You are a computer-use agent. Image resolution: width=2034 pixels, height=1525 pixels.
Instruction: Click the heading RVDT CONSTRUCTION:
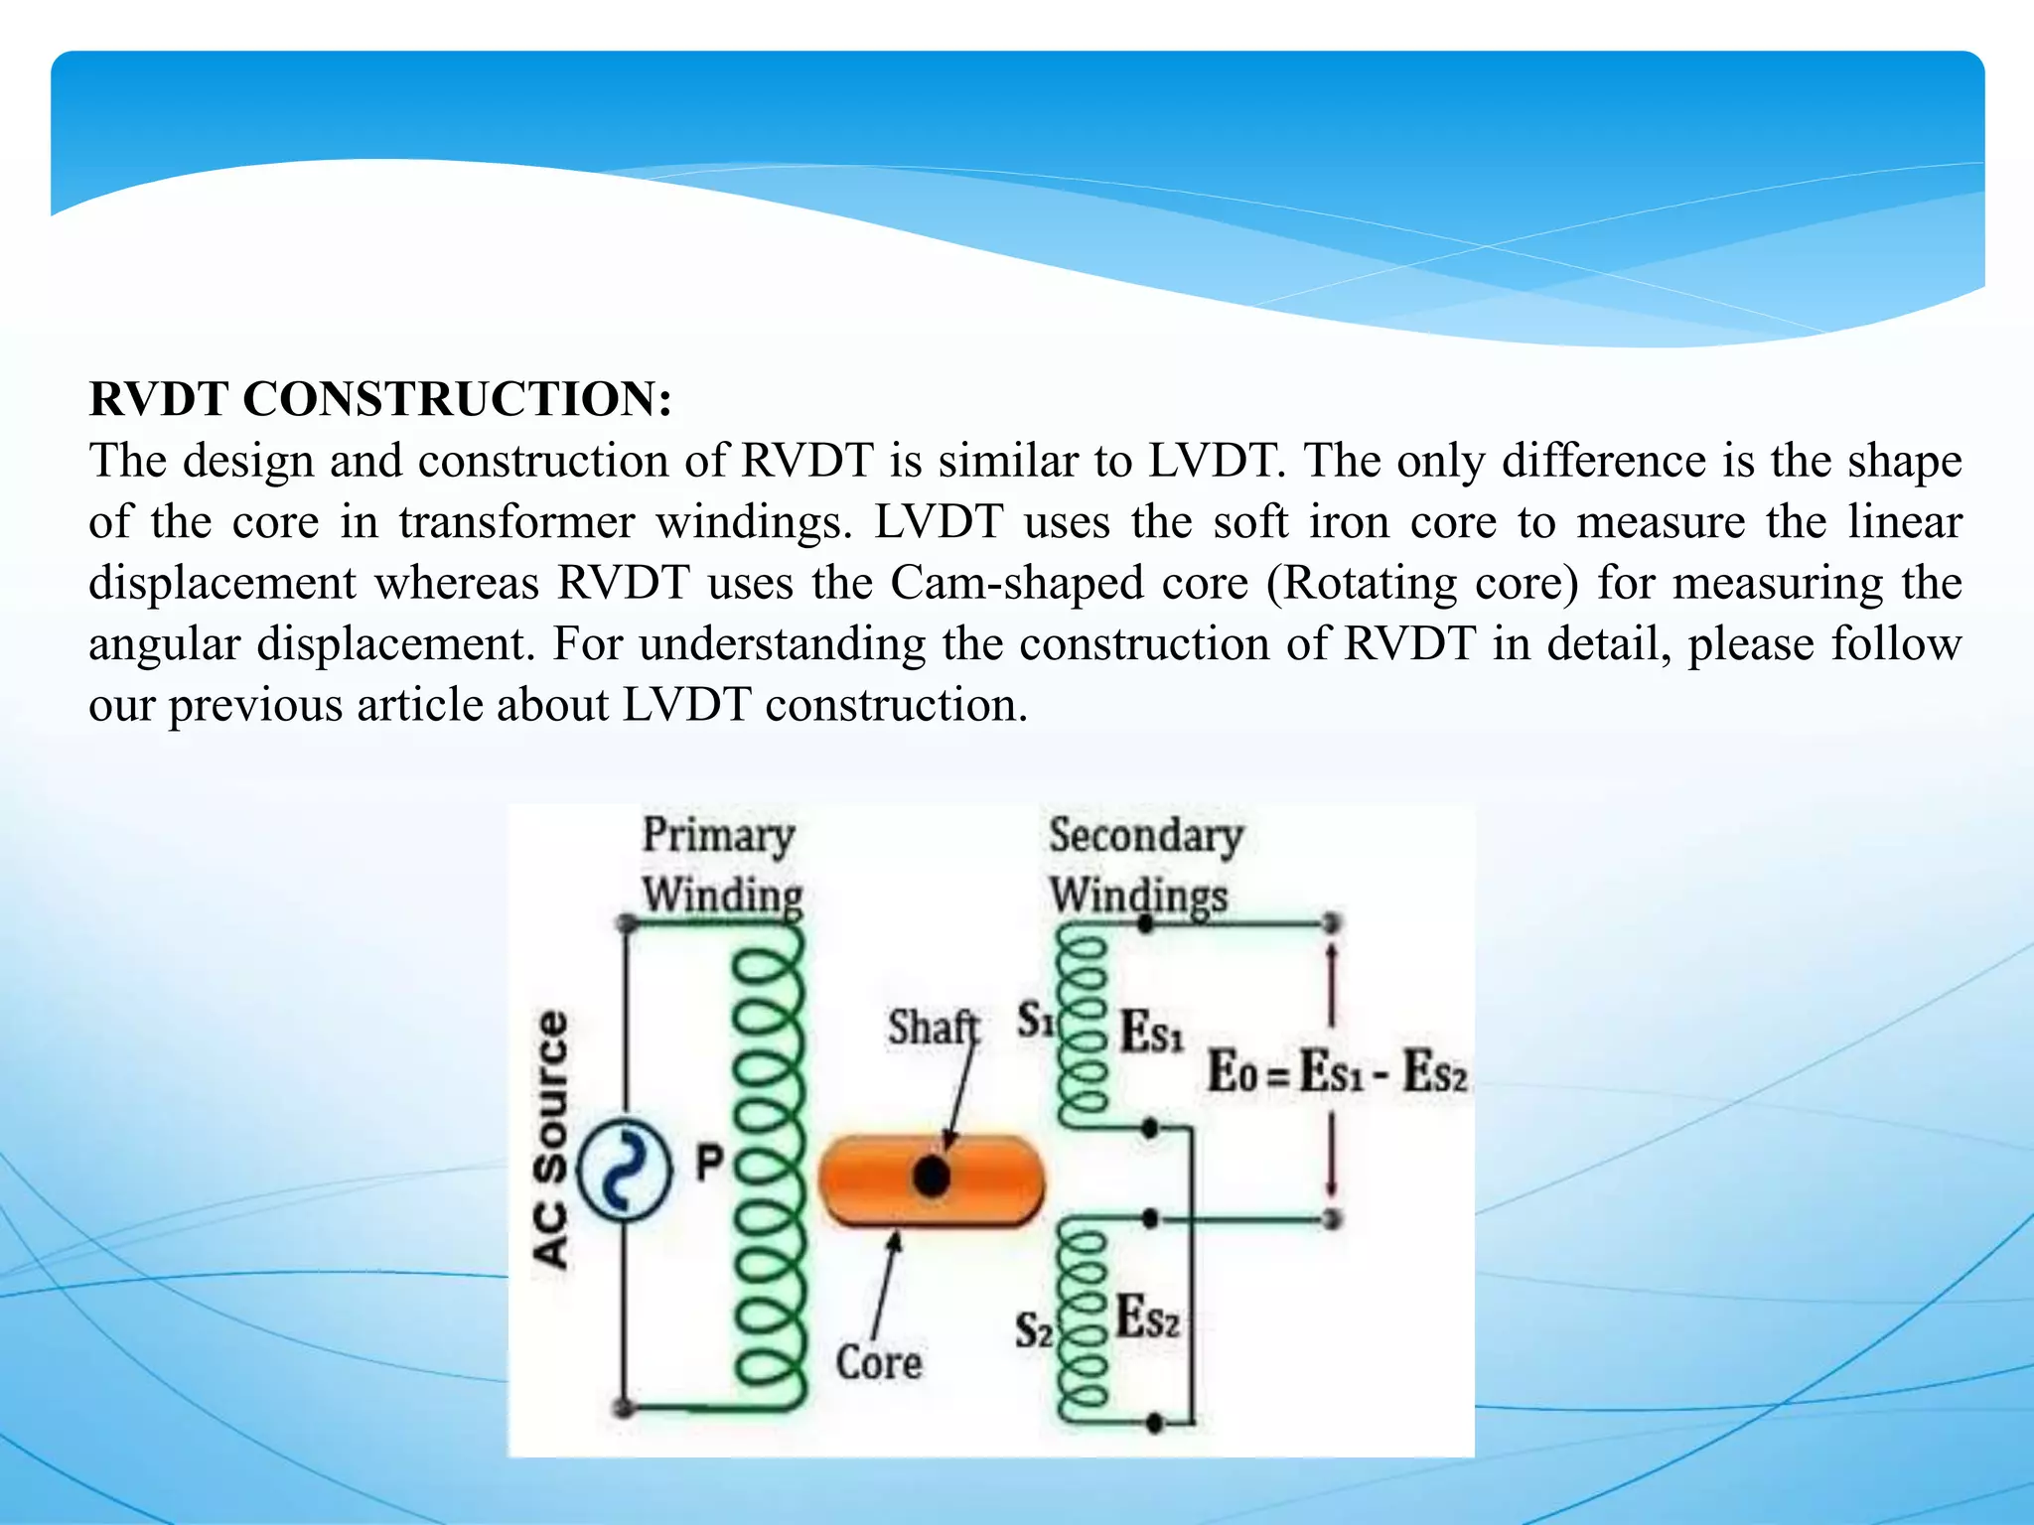click(x=380, y=399)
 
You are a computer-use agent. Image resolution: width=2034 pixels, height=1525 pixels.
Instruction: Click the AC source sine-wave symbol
click(x=624, y=1168)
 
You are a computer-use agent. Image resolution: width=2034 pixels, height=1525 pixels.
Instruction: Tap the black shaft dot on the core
click(x=931, y=1178)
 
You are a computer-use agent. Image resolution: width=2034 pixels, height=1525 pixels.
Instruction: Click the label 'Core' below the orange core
click(x=878, y=1362)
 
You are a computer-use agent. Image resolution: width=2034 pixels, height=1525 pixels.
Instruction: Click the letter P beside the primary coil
click(x=709, y=1162)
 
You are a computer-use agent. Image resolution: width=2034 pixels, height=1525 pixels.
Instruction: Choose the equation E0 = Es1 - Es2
click(x=1336, y=1073)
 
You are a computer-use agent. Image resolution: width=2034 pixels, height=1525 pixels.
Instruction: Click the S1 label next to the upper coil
click(x=1036, y=1021)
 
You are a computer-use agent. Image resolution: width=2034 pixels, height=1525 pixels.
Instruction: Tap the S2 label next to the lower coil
click(x=1033, y=1330)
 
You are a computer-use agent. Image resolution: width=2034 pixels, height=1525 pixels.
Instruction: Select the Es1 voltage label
click(x=1151, y=1032)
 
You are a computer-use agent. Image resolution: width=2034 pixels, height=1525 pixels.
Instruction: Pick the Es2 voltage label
click(x=1147, y=1318)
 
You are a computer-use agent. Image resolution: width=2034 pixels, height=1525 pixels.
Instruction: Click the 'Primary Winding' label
click(x=721, y=865)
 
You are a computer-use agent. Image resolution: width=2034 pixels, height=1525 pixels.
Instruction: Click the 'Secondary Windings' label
click(x=1144, y=865)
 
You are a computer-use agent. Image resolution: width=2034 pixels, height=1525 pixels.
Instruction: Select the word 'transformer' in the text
click(x=516, y=522)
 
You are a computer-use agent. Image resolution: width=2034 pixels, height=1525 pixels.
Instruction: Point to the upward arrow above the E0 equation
click(x=1332, y=983)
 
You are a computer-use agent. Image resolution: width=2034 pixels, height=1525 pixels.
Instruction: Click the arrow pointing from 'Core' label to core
click(x=885, y=1285)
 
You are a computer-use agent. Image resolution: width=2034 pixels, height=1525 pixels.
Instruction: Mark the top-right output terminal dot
click(x=1332, y=923)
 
